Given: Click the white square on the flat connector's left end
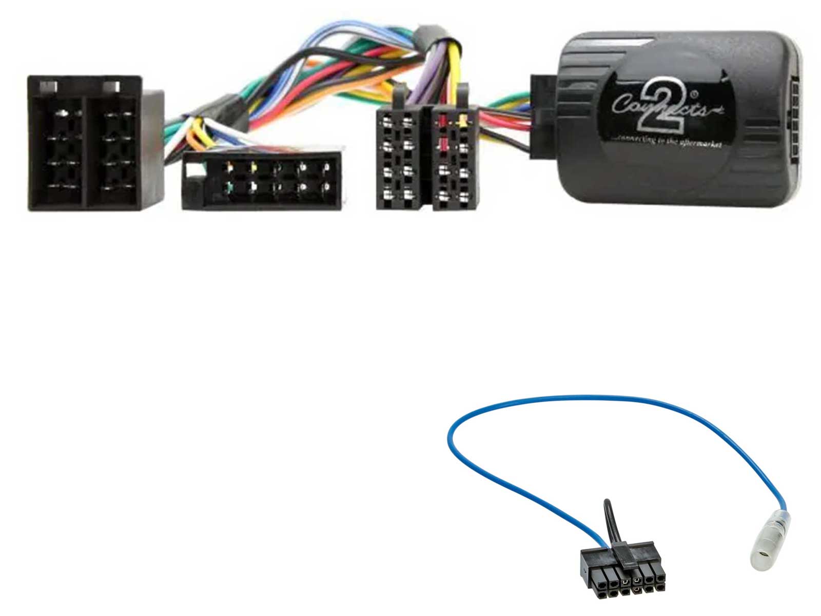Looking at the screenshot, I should tap(194, 170).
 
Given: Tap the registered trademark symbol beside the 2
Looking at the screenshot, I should tap(694, 94).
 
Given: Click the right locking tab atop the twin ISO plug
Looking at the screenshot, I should tap(463, 95).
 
